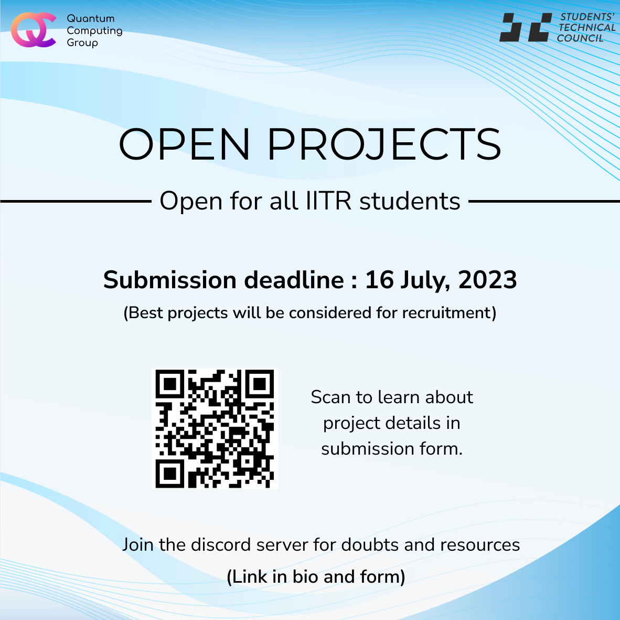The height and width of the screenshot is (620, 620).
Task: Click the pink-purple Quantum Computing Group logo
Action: (33, 30)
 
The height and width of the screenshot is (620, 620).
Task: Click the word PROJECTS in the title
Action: (384, 144)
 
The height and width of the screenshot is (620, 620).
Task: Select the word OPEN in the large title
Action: (184, 144)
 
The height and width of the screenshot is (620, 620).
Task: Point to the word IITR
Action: (328, 201)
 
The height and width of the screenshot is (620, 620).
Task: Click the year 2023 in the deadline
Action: (487, 280)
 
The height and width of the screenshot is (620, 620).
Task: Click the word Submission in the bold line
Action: (170, 280)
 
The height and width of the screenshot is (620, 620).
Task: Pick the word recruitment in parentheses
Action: (447, 312)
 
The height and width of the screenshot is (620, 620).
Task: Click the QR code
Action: (215, 429)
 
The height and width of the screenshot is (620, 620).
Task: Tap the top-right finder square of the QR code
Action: (260, 384)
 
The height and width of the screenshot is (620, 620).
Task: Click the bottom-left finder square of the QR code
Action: (169, 474)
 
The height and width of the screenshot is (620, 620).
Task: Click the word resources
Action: (480, 545)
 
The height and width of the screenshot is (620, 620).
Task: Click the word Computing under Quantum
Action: (94, 31)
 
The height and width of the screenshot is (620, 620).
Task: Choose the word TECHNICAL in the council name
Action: (587, 27)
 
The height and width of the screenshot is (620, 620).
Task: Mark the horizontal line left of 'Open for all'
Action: (76, 202)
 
